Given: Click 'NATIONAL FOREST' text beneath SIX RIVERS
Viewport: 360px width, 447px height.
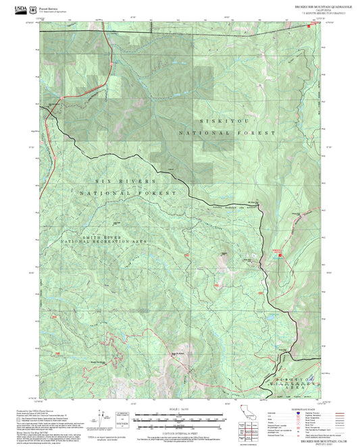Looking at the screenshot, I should (127, 193).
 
